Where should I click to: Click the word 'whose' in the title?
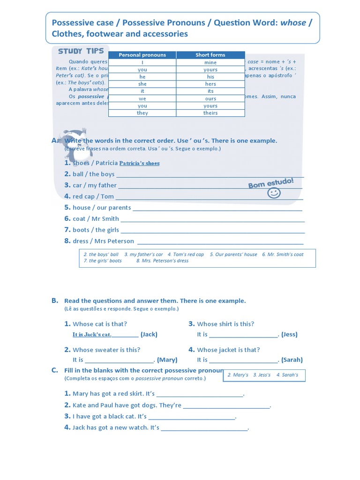point(293,23)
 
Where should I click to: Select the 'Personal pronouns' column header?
point(142,55)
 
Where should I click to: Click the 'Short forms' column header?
point(210,55)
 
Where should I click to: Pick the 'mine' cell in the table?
point(210,62)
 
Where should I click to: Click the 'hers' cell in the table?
point(210,84)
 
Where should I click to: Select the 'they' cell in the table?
point(142,113)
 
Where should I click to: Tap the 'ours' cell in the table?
point(210,98)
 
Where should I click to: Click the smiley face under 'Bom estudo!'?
point(273,193)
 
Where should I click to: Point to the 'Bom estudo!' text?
point(271,183)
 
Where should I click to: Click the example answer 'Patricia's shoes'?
point(139,163)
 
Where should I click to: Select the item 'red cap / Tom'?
point(93,196)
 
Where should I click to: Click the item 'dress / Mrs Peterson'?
point(103,241)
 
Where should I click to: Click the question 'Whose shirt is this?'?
point(225,324)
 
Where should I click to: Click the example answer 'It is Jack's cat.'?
point(92,335)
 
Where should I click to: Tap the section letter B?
point(55,300)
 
